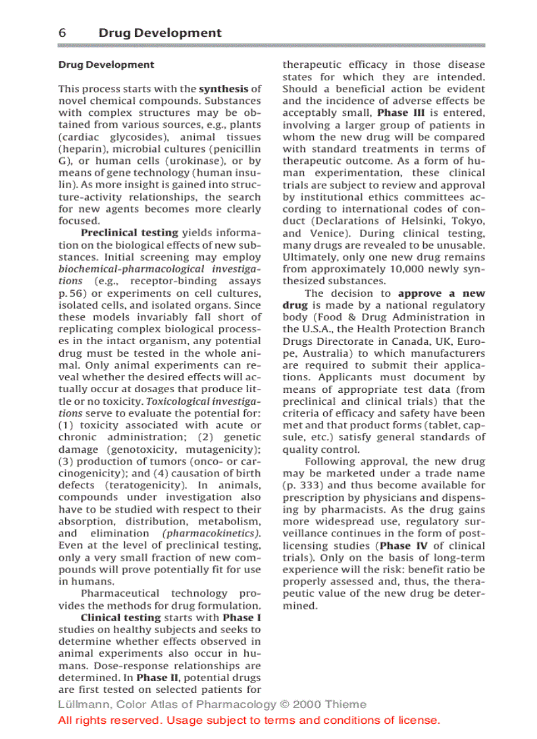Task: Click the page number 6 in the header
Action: pyautogui.click(x=63, y=33)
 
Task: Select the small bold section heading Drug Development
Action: pyautogui.click(x=106, y=64)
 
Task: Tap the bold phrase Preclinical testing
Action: pyautogui.click(x=129, y=233)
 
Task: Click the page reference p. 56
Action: pyautogui.click(x=73, y=293)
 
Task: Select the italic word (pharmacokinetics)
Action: pyautogui.click(x=211, y=534)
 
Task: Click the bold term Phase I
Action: pyautogui.click(x=242, y=618)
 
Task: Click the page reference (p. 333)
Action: pyautogui.click(x=303, y=486)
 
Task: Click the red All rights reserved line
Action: pyautogui.click(x=249, y=721)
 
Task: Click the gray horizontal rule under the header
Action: pyautogui.click(x=271, y=45)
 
